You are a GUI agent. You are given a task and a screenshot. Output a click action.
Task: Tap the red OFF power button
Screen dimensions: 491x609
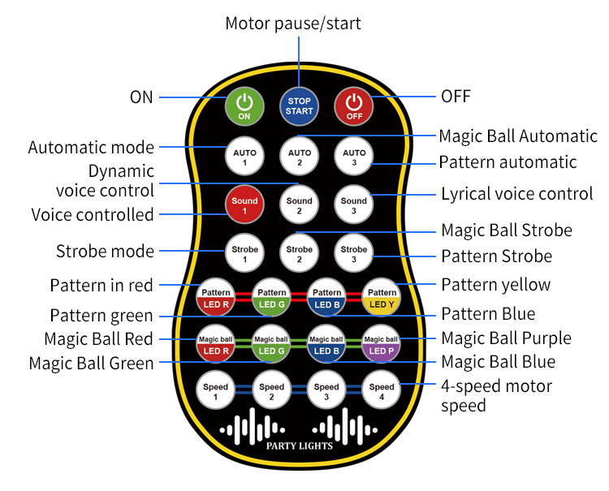tap(354, 106)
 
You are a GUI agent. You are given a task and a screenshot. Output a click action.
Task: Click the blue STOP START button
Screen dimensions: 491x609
tap(299, 106)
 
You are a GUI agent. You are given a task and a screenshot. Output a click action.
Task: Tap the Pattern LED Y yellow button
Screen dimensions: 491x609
tap(382, 298)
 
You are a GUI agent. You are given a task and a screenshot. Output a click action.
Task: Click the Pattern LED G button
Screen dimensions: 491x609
tap(271, 298)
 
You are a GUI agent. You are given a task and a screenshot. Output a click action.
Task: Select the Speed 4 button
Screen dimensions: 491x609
tap(382, 392)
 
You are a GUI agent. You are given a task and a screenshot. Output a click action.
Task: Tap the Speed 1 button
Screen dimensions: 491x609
tap(216, 392)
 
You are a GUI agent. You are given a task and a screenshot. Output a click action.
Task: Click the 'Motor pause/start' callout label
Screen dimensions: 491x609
tap(292, 24)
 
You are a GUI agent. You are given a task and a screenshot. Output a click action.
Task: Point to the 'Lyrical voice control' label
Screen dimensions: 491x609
tap(516, 195)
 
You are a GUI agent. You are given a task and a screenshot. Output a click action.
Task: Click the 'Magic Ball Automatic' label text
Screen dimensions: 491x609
tap(517, 136)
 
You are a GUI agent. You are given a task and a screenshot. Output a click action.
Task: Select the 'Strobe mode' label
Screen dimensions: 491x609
tap(105, 251)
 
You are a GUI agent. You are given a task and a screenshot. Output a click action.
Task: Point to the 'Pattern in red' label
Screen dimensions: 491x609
tap(101, 286)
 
